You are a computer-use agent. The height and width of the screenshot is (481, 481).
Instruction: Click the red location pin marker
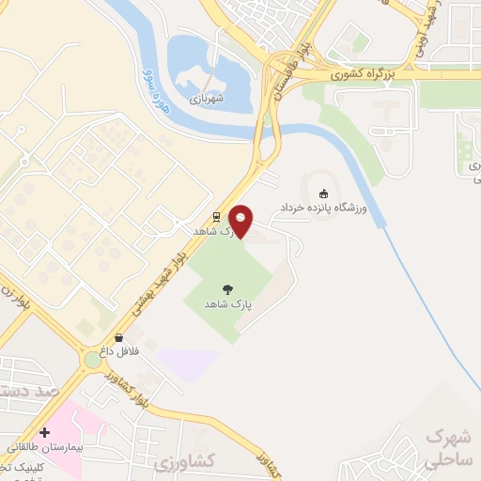(x=241, y=221)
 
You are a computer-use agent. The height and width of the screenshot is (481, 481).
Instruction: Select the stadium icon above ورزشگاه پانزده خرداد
(x=324, y=194)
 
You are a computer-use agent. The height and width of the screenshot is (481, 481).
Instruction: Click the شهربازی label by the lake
(x=207, y=97)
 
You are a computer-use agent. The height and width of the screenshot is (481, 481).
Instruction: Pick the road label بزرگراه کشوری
(x=369, y=72)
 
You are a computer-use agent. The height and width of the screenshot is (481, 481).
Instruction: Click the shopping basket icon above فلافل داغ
(x=119, y=337)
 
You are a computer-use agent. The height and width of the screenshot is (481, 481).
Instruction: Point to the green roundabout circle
(x=93, y=359)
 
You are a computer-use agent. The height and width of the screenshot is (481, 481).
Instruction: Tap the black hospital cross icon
(x=44, y=432)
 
